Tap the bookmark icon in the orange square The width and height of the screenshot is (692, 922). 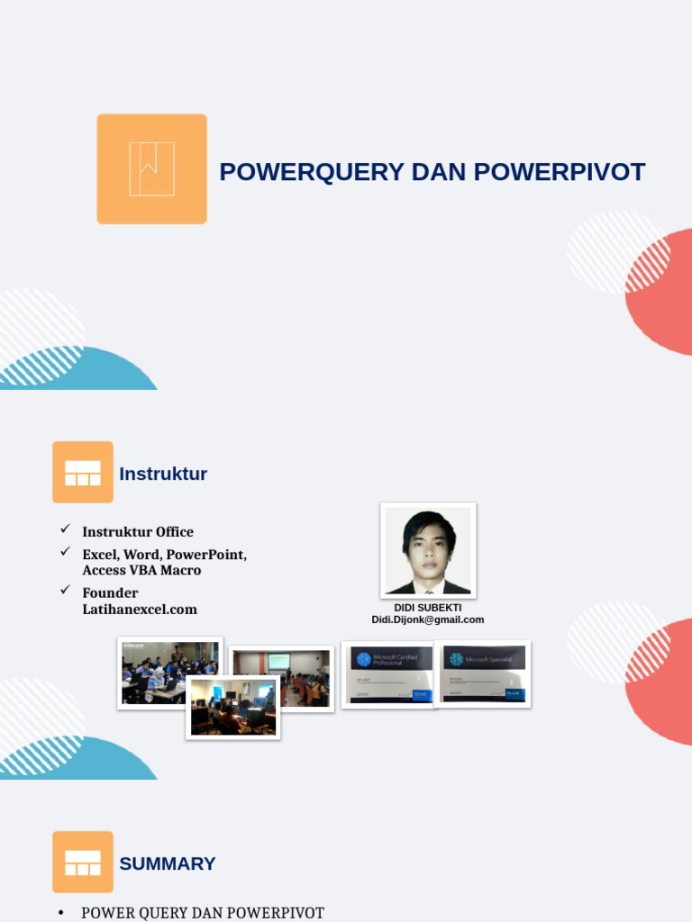151,168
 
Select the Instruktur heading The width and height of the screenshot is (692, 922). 163,474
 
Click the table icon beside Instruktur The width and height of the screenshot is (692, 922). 83,472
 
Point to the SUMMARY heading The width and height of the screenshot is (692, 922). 168,863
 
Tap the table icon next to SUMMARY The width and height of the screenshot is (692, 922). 83,862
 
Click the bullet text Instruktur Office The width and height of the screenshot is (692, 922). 138,531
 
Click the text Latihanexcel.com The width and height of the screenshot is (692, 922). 140,609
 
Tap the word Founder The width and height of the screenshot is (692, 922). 110,592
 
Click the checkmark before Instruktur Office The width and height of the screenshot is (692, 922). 65,529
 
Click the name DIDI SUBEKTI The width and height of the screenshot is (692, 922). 428,608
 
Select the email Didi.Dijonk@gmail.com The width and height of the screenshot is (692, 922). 428,619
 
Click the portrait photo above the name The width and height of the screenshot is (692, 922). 428,550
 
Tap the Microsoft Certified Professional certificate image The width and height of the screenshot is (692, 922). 389,674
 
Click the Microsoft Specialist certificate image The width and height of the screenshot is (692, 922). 483,673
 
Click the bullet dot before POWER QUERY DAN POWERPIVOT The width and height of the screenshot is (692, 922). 61,913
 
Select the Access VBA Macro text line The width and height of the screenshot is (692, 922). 141,570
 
